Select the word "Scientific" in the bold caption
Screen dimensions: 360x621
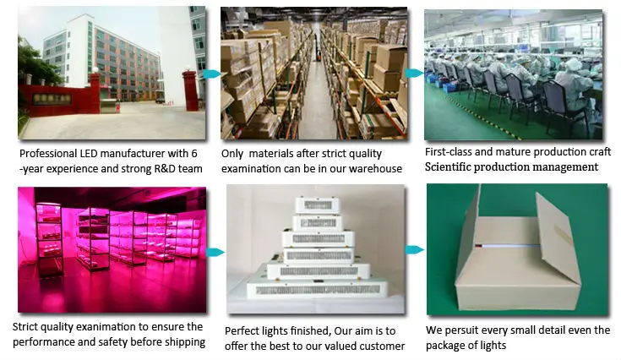457,167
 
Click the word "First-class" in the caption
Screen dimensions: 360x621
453,153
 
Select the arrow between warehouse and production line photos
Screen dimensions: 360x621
414,74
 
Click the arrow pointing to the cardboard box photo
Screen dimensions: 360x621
415,250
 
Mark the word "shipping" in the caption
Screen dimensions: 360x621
181,342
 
